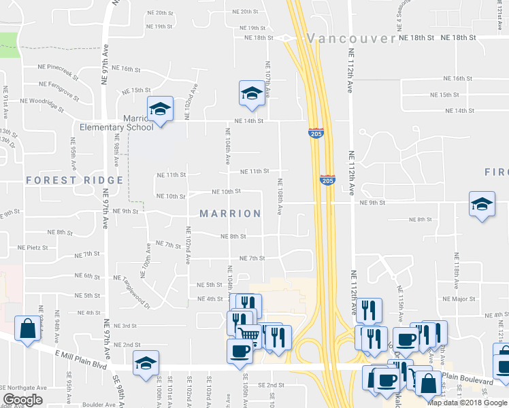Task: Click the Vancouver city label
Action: pyautogui.click(x=350, y=38)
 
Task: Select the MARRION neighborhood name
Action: pyautogui.click(x=230, y=214)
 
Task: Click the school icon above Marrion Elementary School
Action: pyautogui.click(x=161, y=109)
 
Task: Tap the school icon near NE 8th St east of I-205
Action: pyautogui.click(x=481, y=204)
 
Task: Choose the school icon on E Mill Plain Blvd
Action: pyautogui.click(x=146, y=362)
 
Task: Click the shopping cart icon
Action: pyautogui.click(x=248, y=334)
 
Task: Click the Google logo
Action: pyautogui.click(x=22, y=400)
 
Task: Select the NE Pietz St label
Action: pyautogui.click(x=33, y=248)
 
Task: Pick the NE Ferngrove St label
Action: pyautogui.click(x=59, y=88)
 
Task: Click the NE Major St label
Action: pyautogui.click(x=458, y=299)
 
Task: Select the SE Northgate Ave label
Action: pyautogui.click(x=23, y=388)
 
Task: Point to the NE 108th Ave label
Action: pyautogui.click(x=279, y=197)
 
